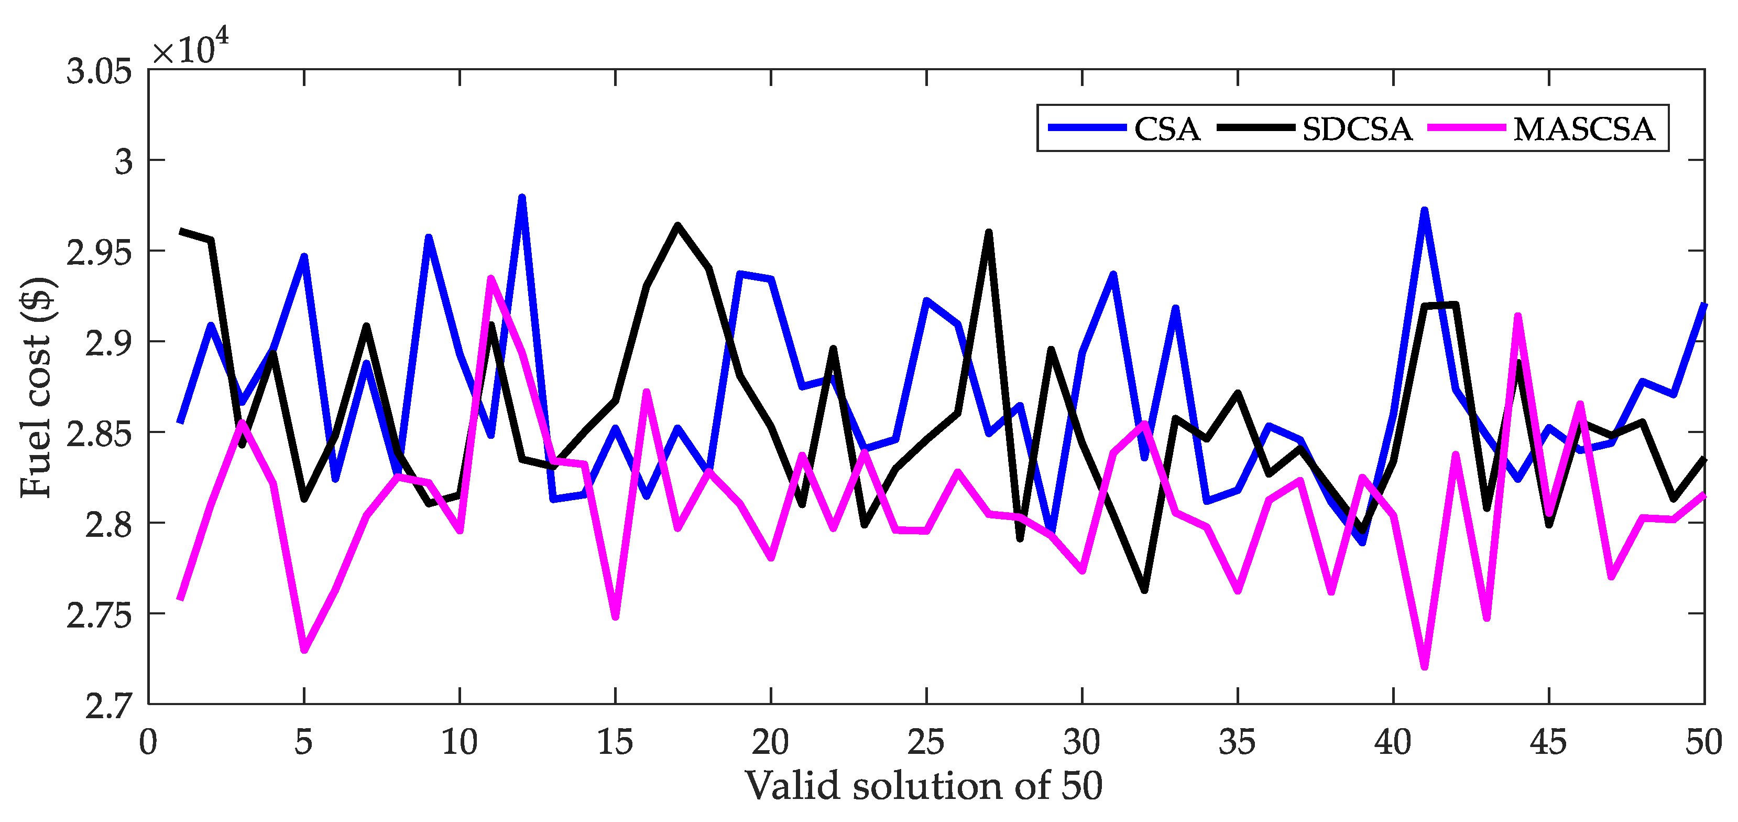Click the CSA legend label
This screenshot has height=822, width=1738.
1166,129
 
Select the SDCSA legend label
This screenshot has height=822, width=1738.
1357,129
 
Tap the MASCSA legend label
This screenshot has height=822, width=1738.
1583,129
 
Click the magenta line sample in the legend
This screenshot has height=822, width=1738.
1467,127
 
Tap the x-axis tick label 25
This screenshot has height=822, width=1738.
926,742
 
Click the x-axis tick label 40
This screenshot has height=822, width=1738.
1393,742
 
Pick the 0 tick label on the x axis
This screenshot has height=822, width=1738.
148,742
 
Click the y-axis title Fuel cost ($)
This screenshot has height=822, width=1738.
37,387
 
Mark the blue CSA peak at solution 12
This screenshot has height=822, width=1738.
521,198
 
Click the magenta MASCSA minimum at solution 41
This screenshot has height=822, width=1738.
1424,667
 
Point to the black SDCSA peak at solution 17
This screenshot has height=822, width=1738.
677,225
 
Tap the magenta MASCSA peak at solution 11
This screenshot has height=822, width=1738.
490,278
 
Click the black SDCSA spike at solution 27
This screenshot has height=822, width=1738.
988,233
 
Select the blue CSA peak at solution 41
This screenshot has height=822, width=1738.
1424,211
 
